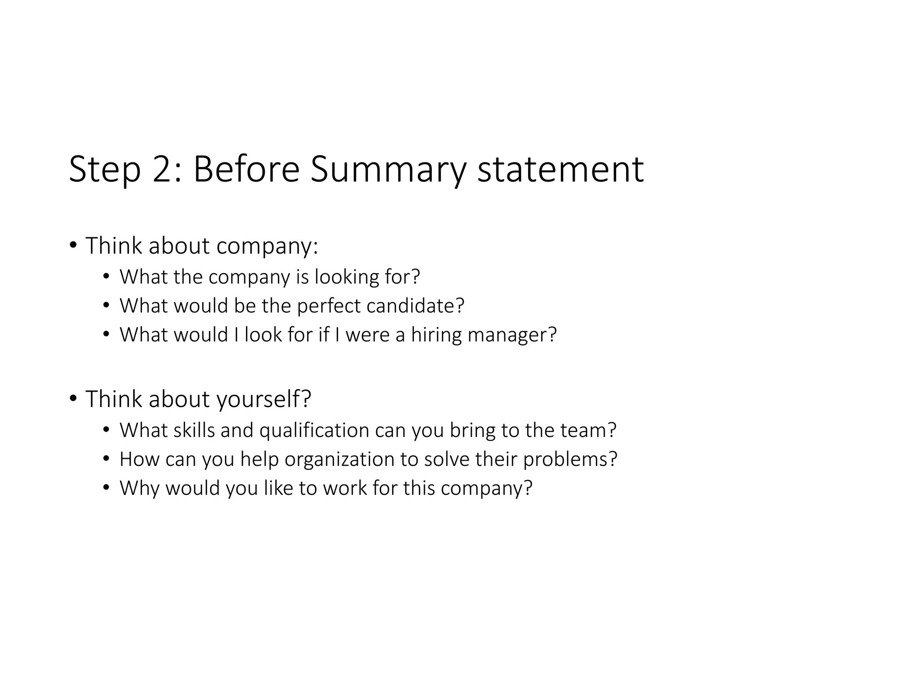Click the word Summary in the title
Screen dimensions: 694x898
pyautogui.click(x=388, y=170)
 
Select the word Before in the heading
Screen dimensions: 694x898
pyautogui.click(x=246, y=170)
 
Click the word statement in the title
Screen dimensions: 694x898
pyautogui.click(x=560, y=170)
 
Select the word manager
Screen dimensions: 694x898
pyautogui.click(x=512, y=335)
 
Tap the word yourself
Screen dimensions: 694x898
pyautogui.click(x=264, y=399)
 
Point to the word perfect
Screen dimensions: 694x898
pyautogui.click(x=329, y=306)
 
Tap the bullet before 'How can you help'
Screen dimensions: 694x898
pyautogui.click(x=106, y=459)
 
